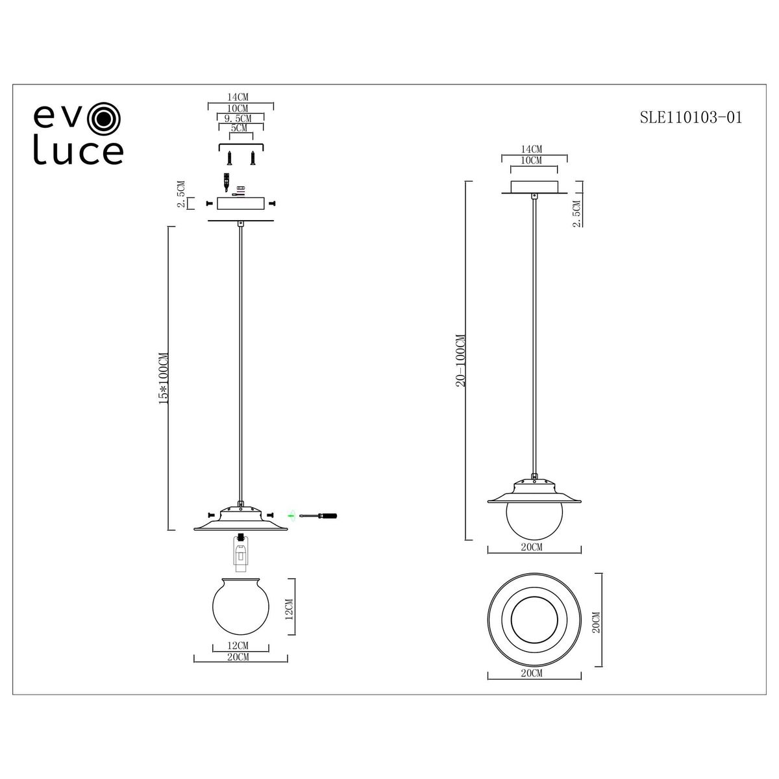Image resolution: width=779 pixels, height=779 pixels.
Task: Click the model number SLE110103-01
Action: (x=691, y=117)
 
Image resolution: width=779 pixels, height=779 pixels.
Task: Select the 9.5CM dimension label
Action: (x=238, y=118)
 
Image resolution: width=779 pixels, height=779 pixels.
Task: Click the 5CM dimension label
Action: (x=239, y=128)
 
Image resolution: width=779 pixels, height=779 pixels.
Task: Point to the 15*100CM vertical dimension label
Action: (x=164, y=378)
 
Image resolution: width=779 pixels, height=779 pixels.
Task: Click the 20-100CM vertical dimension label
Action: (x=460, y=360)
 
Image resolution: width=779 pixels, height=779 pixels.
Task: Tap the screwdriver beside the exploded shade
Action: (x=318, y=516)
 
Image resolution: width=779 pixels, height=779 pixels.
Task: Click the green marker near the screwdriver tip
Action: (x=290, y=515)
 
